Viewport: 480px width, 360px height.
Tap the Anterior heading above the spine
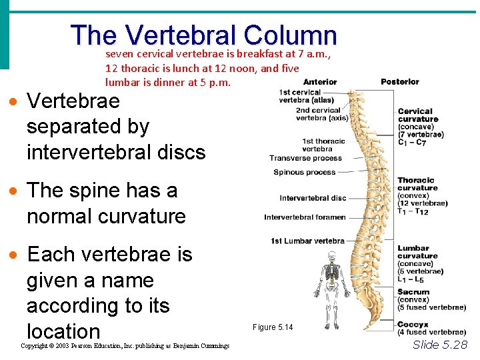pyautogui.click(x=320, y=82)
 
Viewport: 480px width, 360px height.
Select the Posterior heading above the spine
pyautogui.click(x=400, y=82)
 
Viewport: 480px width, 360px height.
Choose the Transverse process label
pyautogui.click(x=305, y=158)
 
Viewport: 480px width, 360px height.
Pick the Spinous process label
pyautogui.click(x=304, y=173)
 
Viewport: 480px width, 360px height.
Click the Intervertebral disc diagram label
pyautogui.click(x=313, y=198)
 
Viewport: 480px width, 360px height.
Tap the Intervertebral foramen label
pyautogui.click(x=305, y=217)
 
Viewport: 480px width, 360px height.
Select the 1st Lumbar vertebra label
pyautogui.click(x=307, y=241)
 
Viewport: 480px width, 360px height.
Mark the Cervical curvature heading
pyautogui.click(x=418, y=115)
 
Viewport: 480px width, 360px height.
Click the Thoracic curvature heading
pyautogui.click(x=416, y=184)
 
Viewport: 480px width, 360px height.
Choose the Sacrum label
pyautogui.click(x=413, y=292)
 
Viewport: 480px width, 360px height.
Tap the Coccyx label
pyautogui.click(x=413, y=325)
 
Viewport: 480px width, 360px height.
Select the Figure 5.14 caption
pyautogui.click(x=273, y=327)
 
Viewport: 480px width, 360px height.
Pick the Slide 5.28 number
pyautogui.click(x=440, y=345)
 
